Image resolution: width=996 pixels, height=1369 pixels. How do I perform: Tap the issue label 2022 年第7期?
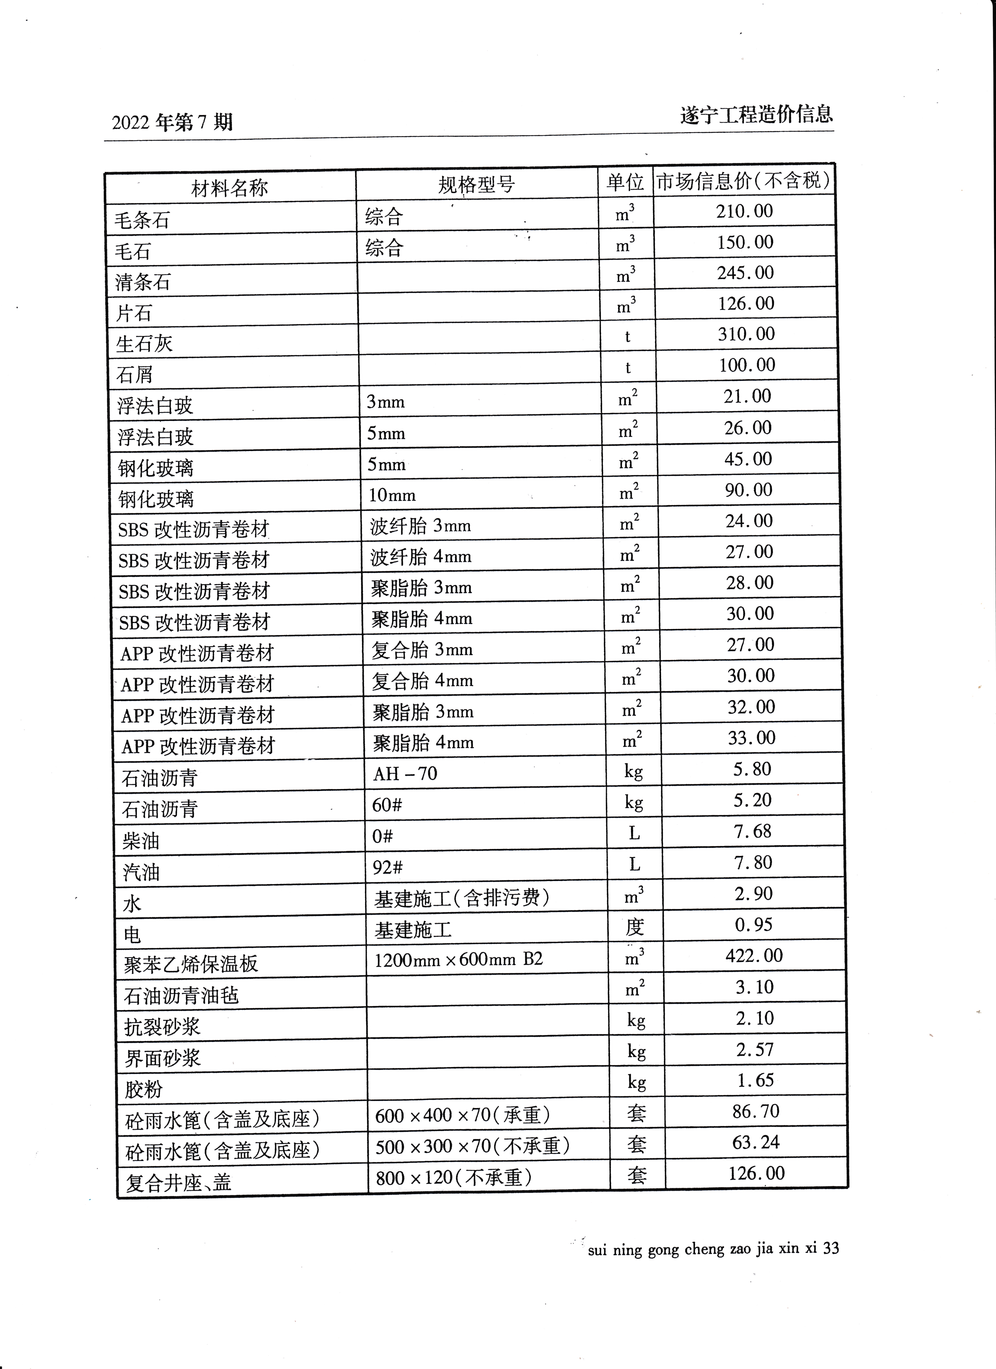(x=172, y=123)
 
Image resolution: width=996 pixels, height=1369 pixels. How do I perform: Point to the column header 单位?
(x=625, y=182)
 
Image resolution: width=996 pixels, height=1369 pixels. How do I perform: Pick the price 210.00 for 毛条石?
(x=744, y=211)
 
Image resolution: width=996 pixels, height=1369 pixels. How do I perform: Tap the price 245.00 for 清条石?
(x=745, y=273)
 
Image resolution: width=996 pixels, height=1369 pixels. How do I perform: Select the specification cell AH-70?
(x=405, y=773)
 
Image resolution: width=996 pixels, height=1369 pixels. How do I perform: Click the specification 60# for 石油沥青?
(x=388, y=805)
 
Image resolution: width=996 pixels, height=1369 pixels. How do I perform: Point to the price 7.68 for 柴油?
(x=753, y=831)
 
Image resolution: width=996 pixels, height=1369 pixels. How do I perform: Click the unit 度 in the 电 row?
(x=635, y=926)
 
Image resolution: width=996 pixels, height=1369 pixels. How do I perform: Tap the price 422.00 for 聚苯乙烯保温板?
(x=754, y=955)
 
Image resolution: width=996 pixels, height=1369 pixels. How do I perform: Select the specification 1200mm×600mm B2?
(x=459, y=959)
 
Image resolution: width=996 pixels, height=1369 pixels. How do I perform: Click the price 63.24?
(x=756, y=1143)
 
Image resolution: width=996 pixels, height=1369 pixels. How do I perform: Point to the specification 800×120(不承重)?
(x=454, y=1178)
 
